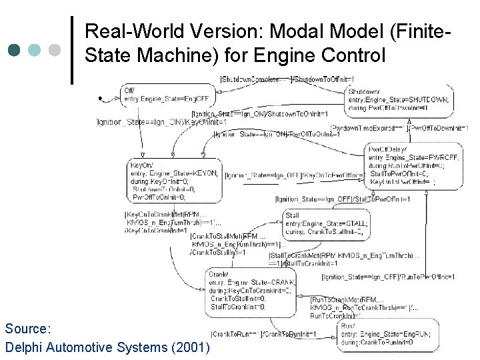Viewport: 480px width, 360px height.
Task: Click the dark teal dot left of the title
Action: click(15, 50)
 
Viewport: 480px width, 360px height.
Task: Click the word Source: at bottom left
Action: click(27, 329)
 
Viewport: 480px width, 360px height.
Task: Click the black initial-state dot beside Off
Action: click(101, 99)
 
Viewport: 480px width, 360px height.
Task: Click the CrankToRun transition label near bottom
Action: click(263, 333)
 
